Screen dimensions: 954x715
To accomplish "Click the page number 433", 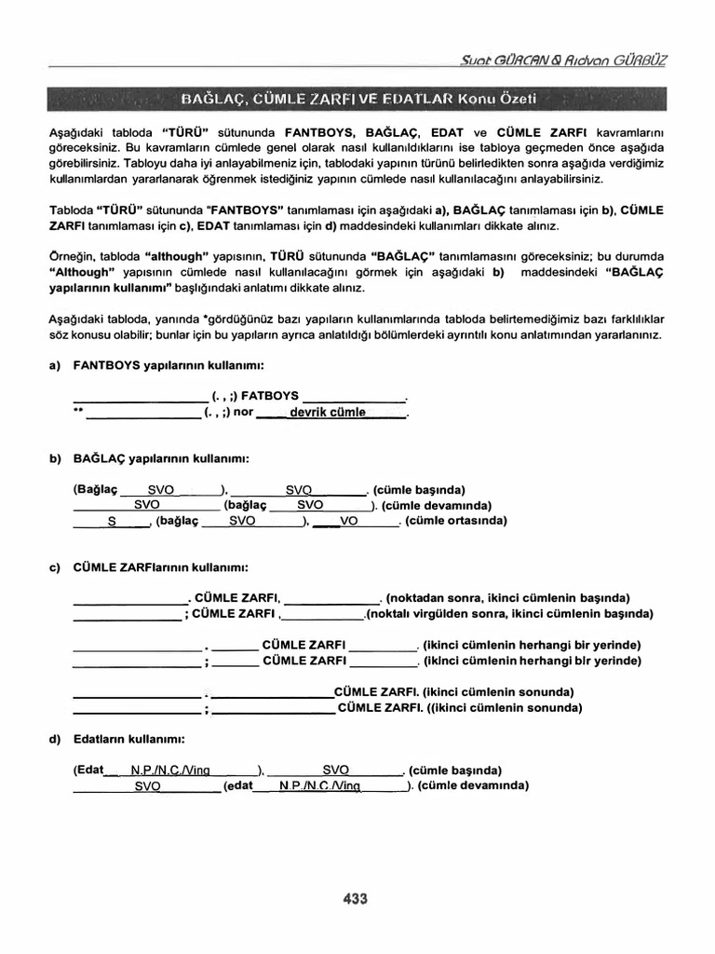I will pos(356,899).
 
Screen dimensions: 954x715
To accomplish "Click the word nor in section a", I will pos(243,412).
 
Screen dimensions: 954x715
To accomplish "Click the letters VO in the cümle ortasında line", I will pos(349,522).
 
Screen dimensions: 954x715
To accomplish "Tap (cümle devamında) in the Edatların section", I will pos(473,785).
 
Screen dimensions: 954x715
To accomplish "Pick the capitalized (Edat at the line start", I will pos(88,770).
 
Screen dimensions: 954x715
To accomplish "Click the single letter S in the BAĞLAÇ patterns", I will pos(111,522).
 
